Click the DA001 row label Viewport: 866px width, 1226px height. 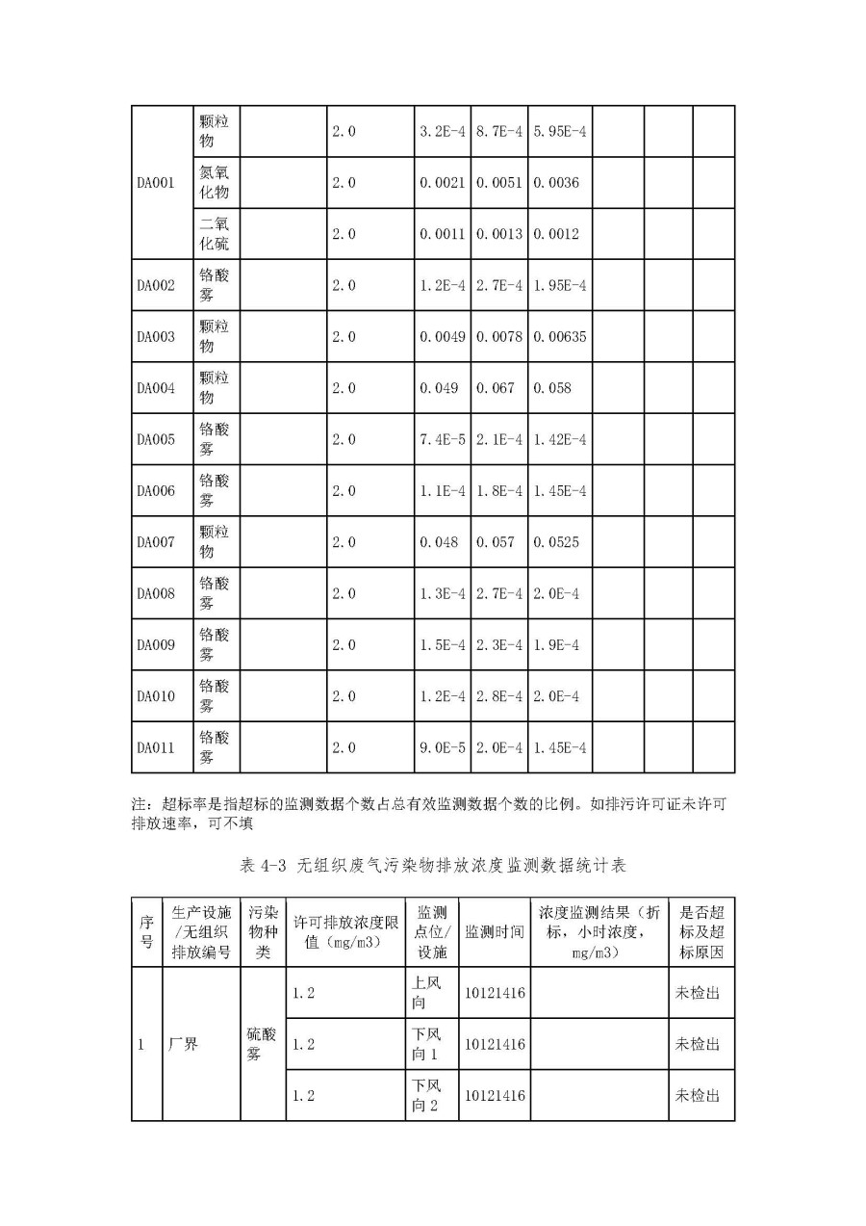pyautogui.click(x=155, y=183)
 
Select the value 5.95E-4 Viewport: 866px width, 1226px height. pyautogui.click(x=558, y=132)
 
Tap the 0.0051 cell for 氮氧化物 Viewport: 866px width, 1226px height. pyautogui.click(x=499, y=183)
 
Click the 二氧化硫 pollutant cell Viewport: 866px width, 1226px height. pyautogui.click(x=214, y=234)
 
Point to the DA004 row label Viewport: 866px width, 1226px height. pyautogui.click(x=155, y=388)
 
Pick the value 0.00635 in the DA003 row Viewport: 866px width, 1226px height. pyautogui.click(x=559, y=337)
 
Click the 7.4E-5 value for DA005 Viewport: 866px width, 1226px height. pyautogui.click(x=443, y=439)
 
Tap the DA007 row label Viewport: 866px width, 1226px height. pyautogui.click(x=155, y=542)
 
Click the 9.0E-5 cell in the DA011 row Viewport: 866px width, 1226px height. pyautogui.click(x=443, y=747)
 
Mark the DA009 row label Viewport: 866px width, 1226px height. pyautogui.click(x=155, y=644)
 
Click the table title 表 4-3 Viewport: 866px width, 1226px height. pyautogui.click(x=432, y=866)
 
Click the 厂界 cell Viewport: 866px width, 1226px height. pyautogui.click(x=183, y=1044)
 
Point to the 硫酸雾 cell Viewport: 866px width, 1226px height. pyautogui.click(x=262, y=1044)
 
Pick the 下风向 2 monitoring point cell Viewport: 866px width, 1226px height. pyautogui.click(x=425, y=1095)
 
